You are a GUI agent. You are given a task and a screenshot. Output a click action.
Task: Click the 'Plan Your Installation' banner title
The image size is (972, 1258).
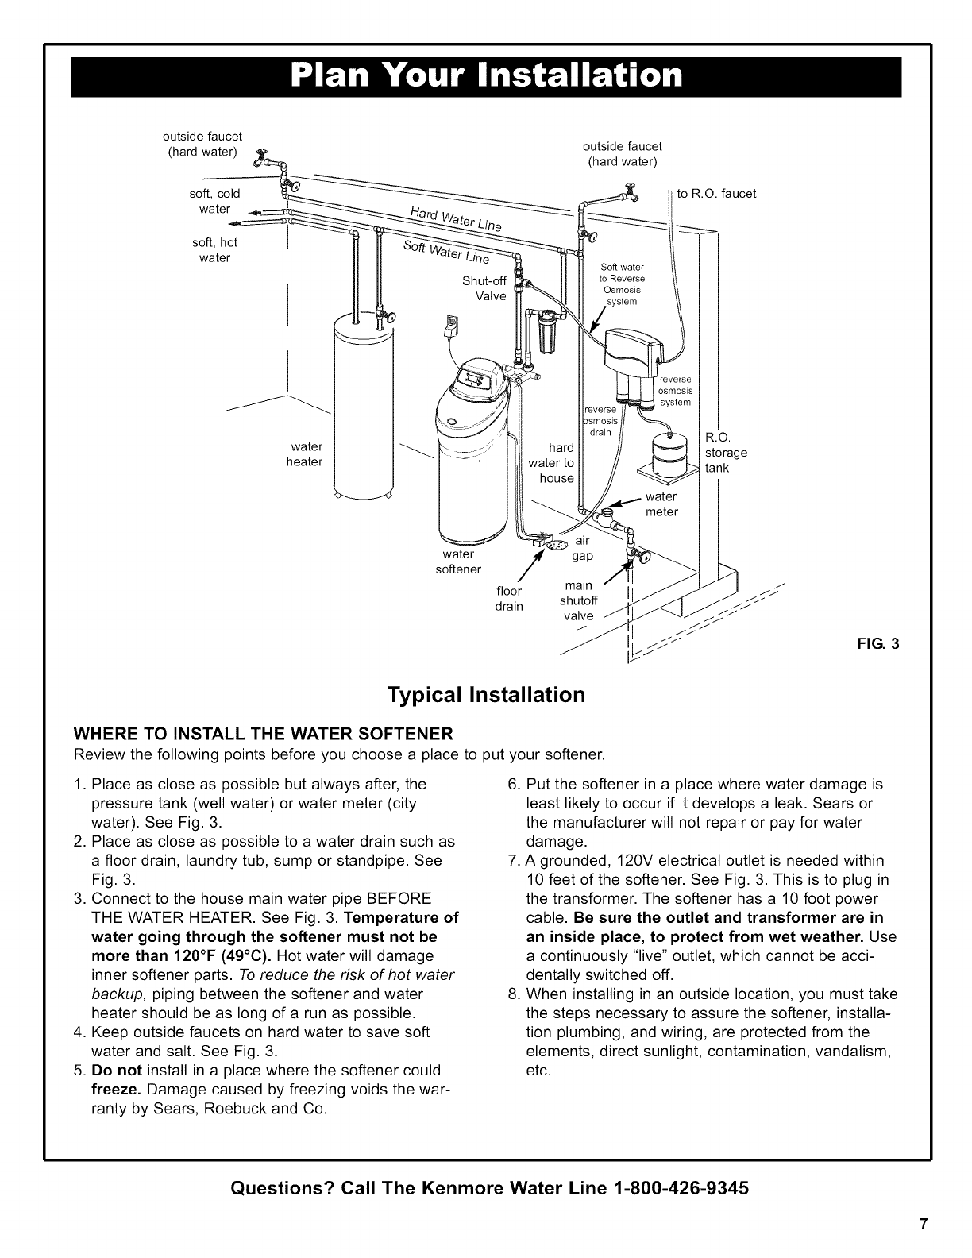(486, 75)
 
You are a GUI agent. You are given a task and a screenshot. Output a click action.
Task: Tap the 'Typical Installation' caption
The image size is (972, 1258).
(485, 695)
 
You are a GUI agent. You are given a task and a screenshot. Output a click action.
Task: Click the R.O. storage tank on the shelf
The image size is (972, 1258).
(669, 453)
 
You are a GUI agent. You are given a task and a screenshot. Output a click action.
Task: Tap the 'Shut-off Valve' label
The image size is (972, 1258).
(484, 288)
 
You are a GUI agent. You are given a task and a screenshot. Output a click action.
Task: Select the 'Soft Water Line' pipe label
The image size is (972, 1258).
(445, 251)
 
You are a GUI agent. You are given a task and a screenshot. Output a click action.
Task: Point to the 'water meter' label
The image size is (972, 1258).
(661, 504)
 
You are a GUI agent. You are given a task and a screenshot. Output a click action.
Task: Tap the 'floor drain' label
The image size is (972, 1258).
(509, 599)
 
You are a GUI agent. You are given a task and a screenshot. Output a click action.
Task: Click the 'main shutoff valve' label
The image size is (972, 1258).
(577, 601)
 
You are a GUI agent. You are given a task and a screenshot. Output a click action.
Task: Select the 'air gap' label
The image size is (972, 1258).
(584, 548)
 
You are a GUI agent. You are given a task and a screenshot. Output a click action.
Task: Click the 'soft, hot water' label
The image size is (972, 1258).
(214, 250)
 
